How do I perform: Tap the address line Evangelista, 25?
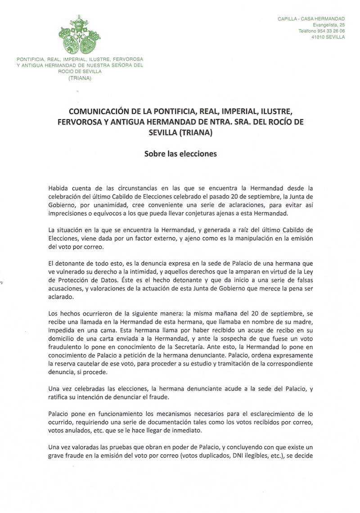tap(327, 24)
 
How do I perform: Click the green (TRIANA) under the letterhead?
tap(79, 77)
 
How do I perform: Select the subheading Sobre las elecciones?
tap(180, 153)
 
